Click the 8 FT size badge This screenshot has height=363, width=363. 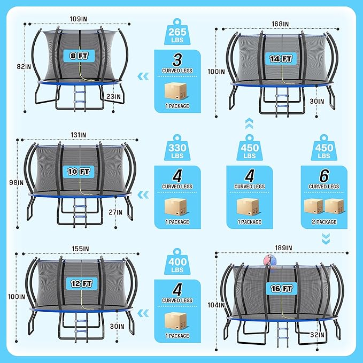[x=79, y=56]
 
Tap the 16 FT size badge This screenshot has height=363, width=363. [x=282, y=289]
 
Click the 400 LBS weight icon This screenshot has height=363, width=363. [x=177, y=261]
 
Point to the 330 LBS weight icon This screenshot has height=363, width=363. [x=177, y=148]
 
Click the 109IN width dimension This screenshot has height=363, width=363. [x=79, y=19]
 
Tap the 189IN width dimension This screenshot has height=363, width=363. [x=283, y=248]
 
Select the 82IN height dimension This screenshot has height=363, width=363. [x=24, y=67]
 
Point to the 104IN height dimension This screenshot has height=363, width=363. [x=216, y=305]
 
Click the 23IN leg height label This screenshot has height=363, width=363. [x=113, y=97]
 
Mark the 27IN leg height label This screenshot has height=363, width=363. [x=115, y=212]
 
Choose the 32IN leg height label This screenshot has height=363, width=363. [x=317, y=335]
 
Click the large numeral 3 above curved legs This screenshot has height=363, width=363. [x=177, y=60]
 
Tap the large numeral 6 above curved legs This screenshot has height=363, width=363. [x=324, y=176]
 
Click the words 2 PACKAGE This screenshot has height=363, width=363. [x=324, y=222]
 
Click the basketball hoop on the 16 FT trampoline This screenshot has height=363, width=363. [x=270, y=260]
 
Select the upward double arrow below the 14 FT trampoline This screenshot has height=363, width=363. [x=249, y=123]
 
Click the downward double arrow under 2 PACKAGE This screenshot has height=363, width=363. [x=326, y=238]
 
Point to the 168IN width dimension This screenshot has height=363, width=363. [x=280, y=24]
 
